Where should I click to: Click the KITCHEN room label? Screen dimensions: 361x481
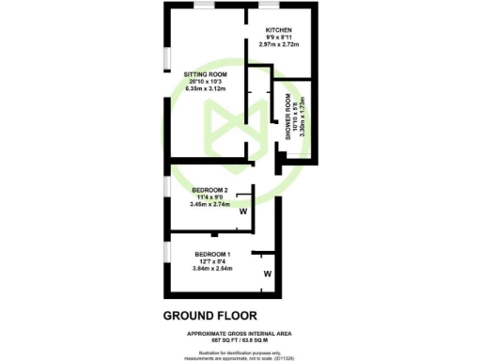coord(279,30)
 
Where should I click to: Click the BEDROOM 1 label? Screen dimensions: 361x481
coord(214,255)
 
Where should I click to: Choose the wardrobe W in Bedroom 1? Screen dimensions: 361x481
coord(268,275)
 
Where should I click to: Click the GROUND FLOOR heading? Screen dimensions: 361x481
coord(209,315)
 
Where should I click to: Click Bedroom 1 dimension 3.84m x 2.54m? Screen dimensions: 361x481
coord(214,269)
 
